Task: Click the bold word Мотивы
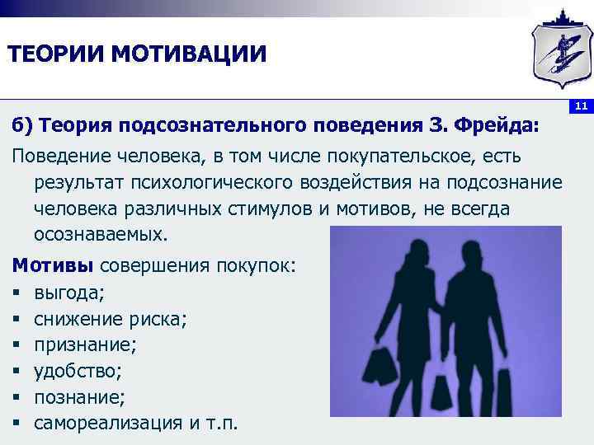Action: (52, 266)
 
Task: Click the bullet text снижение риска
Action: (110, 319)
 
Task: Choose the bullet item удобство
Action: (79, 372)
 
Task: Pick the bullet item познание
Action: (79, 398)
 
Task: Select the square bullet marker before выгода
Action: (16, 293)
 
